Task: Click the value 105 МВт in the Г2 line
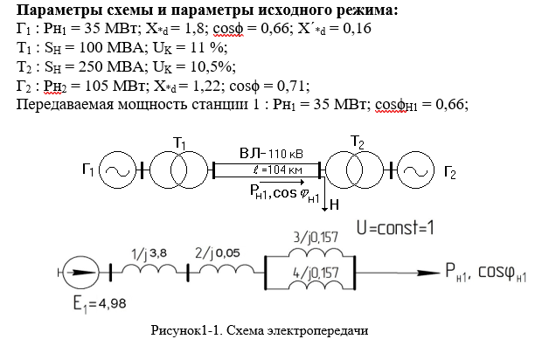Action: tap(109, 86)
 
